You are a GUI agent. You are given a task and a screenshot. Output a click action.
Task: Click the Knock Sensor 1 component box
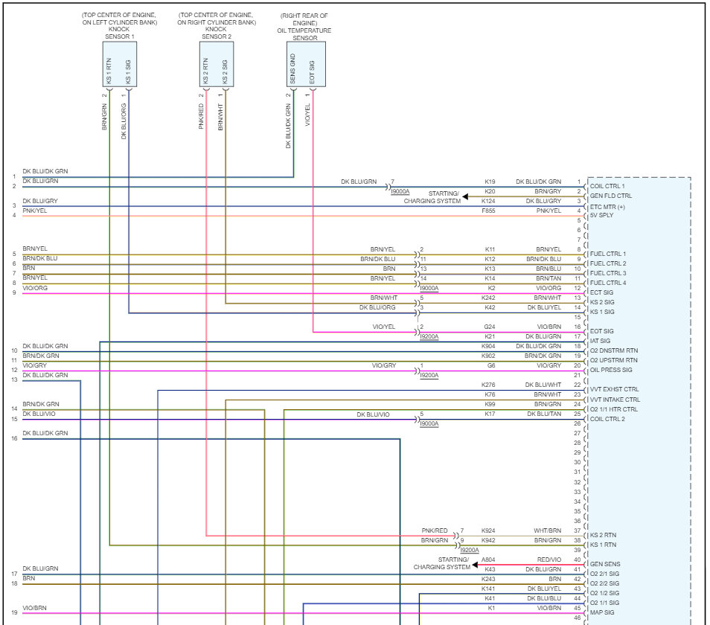point(119,64)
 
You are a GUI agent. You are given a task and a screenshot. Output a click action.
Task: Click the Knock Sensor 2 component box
point(216,64)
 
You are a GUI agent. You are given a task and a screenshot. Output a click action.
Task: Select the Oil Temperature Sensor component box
point(305,64)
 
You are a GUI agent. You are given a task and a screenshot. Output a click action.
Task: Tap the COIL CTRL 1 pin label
point(608,186)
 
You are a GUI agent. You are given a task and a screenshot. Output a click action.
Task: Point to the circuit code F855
point(490,211)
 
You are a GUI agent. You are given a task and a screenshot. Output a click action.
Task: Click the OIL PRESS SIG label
point(611,370)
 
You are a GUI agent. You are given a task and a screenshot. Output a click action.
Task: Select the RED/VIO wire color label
point(549,560)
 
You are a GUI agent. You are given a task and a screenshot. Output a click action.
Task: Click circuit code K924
point(488,531)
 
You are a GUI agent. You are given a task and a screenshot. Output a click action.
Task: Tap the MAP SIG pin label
point(603,613)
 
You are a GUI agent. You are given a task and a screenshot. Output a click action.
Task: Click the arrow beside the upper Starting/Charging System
point(466,197)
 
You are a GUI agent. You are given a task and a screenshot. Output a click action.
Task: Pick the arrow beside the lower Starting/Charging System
point(476,564)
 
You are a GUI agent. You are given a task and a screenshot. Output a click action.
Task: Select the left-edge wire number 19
point(14,613)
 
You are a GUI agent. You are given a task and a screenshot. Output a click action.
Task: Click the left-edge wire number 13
point(14,380)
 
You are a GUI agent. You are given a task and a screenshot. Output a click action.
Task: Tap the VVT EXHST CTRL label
point(615,389)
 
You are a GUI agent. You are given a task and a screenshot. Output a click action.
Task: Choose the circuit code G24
point(490,327)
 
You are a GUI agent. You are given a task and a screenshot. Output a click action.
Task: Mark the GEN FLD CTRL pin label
point(611,196)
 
